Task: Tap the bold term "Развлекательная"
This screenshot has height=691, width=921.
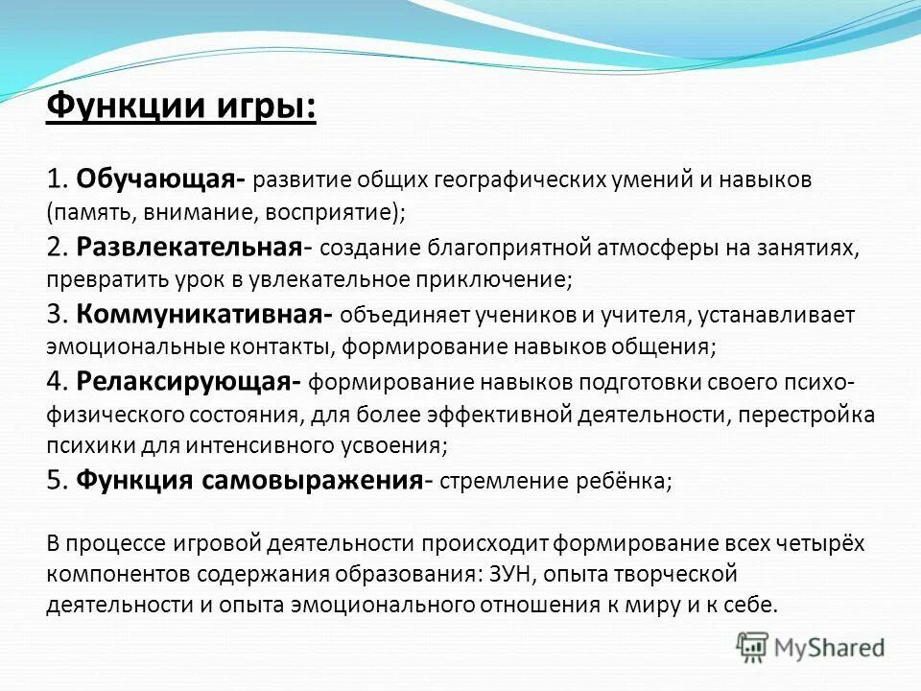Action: [x=190, y=247]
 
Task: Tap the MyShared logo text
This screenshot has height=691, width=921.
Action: [x=831, y=648]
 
